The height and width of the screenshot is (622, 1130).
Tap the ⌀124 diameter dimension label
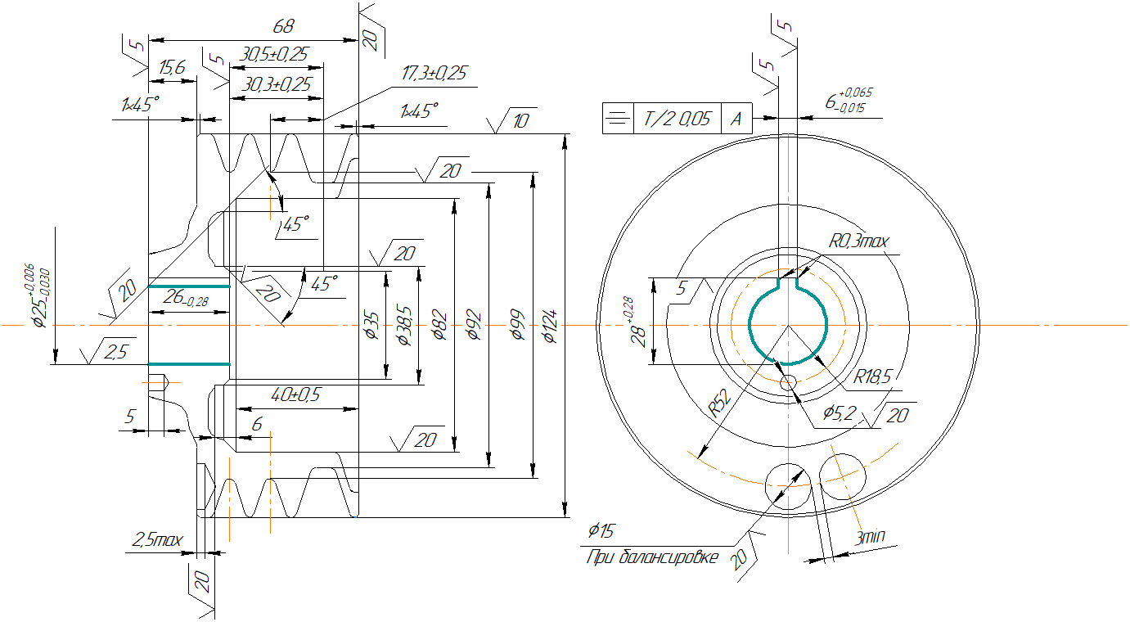549,327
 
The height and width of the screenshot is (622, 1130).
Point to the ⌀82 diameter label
439,327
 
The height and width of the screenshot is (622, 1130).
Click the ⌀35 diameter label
370,327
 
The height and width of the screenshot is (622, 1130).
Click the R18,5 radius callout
871,377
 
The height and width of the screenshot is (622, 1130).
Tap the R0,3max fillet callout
858,241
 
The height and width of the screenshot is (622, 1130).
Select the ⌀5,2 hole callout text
839,413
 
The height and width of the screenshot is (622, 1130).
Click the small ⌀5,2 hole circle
789,382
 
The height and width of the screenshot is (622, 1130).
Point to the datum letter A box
736,119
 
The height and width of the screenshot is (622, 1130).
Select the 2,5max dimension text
157,540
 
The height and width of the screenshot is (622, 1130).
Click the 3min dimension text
871,538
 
